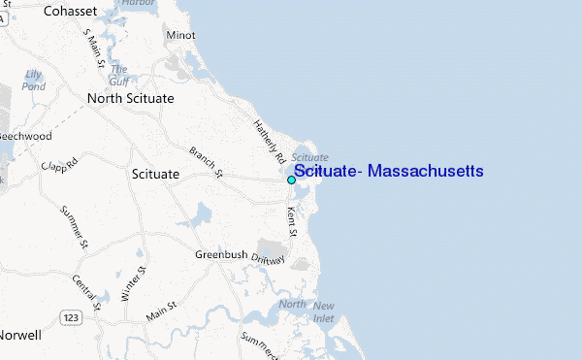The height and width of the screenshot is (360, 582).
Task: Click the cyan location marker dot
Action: [291, 180]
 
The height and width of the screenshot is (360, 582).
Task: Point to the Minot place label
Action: [180, 35]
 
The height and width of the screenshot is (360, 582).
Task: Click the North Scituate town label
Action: [131, 98]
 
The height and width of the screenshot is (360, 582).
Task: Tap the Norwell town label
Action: [20, 335]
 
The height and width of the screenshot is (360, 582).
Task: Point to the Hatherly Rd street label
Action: [269, 142]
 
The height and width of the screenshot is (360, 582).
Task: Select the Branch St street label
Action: [206, 161]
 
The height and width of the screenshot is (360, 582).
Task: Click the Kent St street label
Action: [291, 221]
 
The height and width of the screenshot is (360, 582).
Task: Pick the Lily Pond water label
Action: [34, 81]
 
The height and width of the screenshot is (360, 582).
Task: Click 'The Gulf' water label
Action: [119, 74]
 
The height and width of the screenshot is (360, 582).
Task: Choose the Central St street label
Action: [86, 290]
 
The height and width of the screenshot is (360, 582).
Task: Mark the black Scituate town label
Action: [154, 174]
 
